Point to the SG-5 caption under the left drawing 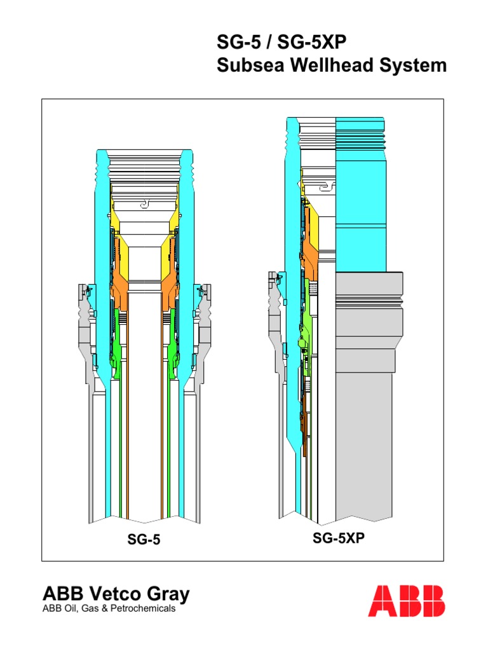tap(144, 540)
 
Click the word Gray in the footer tap(168, 594)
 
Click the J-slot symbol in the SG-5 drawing tap(144, 204)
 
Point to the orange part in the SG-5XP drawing tap(311, 248)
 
